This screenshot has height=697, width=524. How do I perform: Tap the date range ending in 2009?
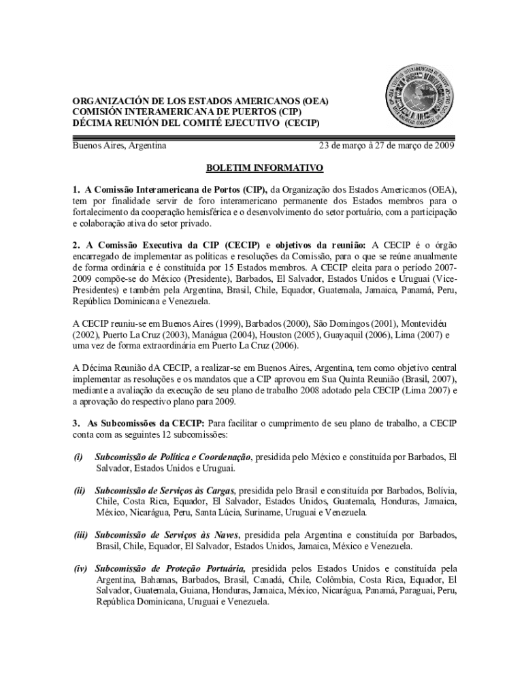387,146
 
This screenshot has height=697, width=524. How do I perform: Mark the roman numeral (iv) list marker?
82,568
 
